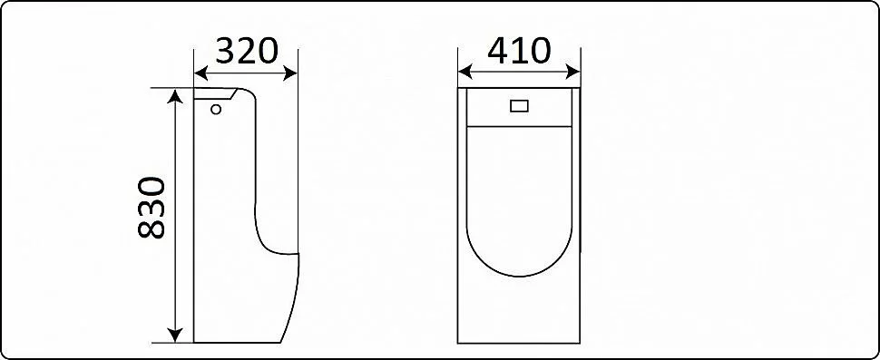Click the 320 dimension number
pos(247,51)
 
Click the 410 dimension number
pos(519,51)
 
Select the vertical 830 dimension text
pos(152,208)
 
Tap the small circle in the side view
pos(216,109)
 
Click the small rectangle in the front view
pos(520,105)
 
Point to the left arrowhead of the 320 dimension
pos(200,73)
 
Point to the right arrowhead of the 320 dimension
pos(290,73)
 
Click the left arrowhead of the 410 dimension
pos(465,72)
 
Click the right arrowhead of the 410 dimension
pos(573,72)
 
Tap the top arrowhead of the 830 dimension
pos(176,96)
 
